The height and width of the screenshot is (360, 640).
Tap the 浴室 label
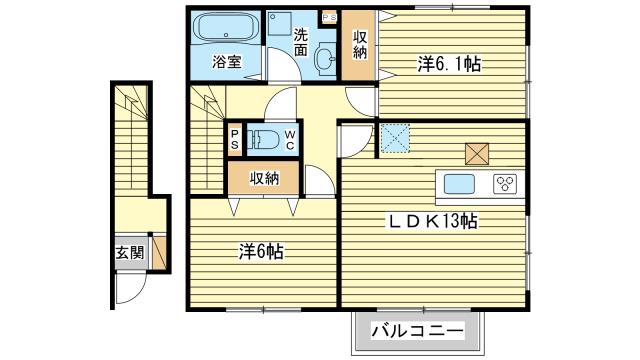click(227, 62)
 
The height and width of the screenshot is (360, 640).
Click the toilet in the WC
click(263, 139)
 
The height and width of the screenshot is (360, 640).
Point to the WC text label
click(289, 140)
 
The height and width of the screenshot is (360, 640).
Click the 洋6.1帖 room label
click(448, 64)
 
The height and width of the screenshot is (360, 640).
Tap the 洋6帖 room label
click(261, 252)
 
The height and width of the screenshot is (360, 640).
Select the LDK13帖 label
click(432, 222)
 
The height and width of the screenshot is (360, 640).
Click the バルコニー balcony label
click(417, 331)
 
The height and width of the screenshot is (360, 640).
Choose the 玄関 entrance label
click(130, 253)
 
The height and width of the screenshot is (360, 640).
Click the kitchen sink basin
click(459, 184)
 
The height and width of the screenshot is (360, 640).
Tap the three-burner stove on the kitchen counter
click(505, 184)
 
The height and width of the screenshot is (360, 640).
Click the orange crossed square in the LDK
click(477, 154)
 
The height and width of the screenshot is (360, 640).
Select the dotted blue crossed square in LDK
click(395, 138)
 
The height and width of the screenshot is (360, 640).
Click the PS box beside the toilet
click(235, 140)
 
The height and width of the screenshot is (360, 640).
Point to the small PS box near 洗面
click(329, 18)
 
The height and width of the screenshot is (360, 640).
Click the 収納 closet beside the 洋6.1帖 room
click(358, 45)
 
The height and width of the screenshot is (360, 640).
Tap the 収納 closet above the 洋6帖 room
click(264, 178)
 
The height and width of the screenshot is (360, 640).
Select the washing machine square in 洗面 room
click(280, 23)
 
